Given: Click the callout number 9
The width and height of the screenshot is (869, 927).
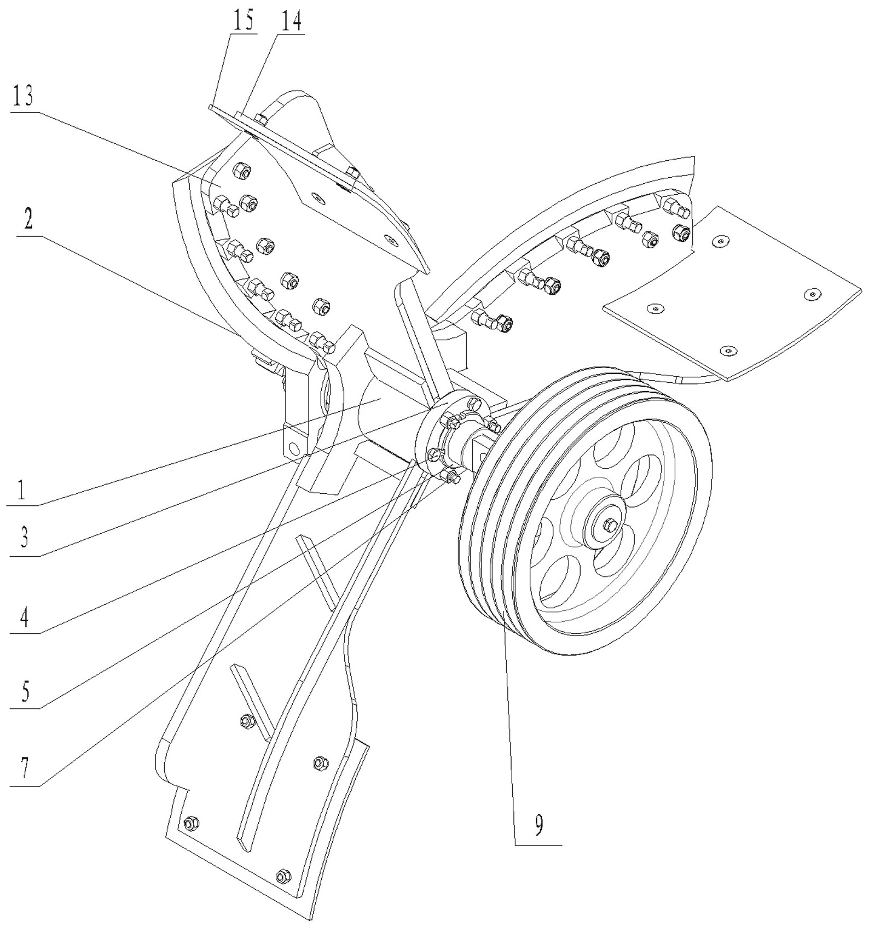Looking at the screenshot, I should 538,825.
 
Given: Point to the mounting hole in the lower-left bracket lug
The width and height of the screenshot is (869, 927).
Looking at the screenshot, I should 294,449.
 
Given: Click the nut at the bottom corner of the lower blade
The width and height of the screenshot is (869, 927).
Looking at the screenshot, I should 283,876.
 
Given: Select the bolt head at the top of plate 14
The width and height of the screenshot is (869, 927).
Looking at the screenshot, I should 262,119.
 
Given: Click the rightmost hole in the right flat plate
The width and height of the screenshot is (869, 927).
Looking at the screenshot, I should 812,295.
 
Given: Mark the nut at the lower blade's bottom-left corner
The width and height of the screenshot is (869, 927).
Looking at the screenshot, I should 191,822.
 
